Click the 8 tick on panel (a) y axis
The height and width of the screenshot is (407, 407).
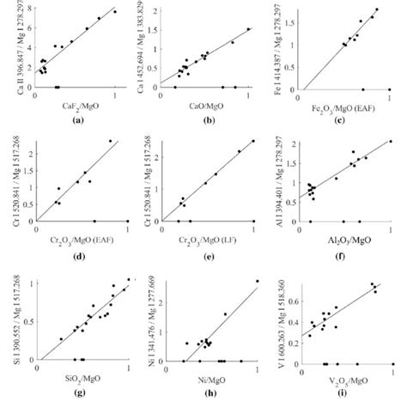(28, 8)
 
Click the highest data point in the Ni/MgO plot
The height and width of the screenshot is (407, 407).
(257, 282)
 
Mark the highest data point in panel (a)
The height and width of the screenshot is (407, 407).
(114, 12)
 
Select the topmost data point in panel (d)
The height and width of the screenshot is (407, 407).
(110, 142)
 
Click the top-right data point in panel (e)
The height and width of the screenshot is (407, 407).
(252, 142)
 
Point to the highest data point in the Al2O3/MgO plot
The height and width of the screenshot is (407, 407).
(391, 142)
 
